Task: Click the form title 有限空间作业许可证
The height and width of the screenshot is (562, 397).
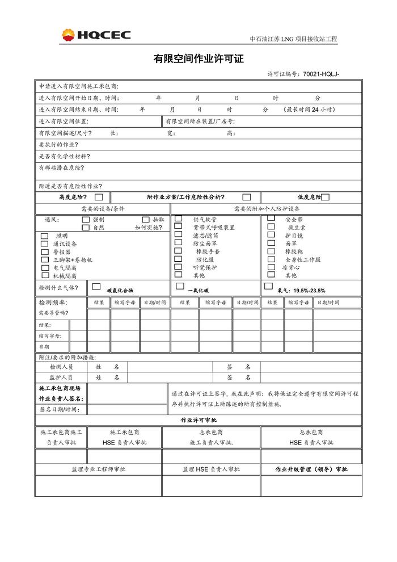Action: point(198,58)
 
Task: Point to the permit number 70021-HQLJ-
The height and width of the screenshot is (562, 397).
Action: point(321,74)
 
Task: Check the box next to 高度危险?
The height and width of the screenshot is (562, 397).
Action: point(99,197)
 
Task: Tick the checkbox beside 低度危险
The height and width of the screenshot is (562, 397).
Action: point(325,197)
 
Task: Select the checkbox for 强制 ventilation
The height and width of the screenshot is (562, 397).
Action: point(86,219)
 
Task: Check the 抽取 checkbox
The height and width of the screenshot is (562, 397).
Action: point(146,219)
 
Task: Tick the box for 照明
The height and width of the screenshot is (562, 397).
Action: point(45,236)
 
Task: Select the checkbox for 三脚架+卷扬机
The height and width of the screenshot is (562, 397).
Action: point(45,259)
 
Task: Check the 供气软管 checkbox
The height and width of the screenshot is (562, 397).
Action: point(179,219)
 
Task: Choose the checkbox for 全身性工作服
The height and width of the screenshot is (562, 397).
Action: point(271,259)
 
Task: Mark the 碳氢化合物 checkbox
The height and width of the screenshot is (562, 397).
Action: point(96,287)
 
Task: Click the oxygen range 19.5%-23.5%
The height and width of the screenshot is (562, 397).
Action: point(309,290)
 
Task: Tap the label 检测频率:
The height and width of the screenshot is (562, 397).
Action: point(52,303)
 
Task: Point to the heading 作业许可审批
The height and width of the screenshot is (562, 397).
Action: point(198,420)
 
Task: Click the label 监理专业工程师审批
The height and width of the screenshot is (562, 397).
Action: point(98,469)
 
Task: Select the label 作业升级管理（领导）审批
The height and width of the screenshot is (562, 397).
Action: point(311,469)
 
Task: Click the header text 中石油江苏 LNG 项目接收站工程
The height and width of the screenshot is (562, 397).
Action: point(293,39)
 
